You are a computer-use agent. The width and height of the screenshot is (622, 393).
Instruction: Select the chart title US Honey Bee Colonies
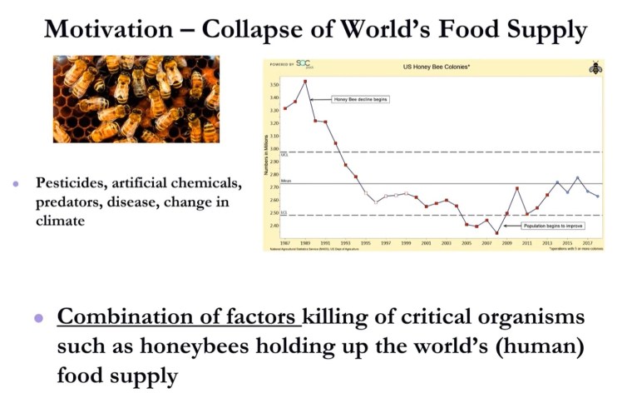432,66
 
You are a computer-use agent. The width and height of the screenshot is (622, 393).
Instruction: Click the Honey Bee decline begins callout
361,99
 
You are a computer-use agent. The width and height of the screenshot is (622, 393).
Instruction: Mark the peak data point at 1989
306,81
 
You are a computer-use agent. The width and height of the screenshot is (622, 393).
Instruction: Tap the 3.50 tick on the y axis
274,85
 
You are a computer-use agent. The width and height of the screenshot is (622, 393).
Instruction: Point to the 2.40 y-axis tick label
274,226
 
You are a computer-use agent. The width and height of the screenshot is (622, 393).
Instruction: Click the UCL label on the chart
284,154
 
